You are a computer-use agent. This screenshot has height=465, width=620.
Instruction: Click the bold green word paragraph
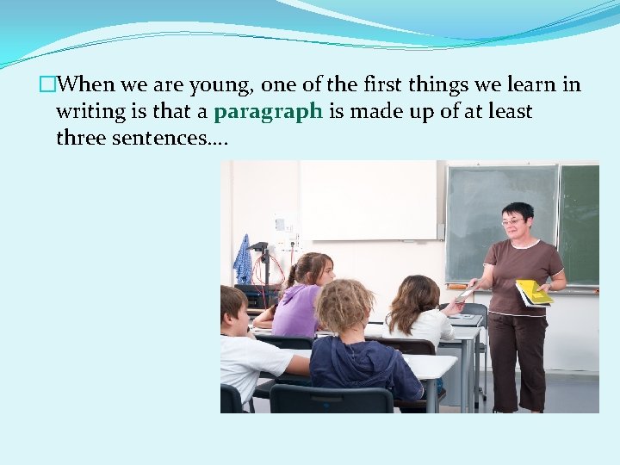268,112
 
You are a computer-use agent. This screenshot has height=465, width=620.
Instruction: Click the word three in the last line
81,138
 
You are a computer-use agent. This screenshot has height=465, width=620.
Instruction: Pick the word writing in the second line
88,112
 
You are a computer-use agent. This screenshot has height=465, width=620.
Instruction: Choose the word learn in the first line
533,84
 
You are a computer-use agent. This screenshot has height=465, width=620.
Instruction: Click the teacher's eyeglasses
513,222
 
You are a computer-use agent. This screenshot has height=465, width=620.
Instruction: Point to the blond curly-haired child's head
345,306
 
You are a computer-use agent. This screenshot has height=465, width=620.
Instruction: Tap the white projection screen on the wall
369,200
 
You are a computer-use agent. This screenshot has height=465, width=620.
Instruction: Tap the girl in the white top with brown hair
419,314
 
